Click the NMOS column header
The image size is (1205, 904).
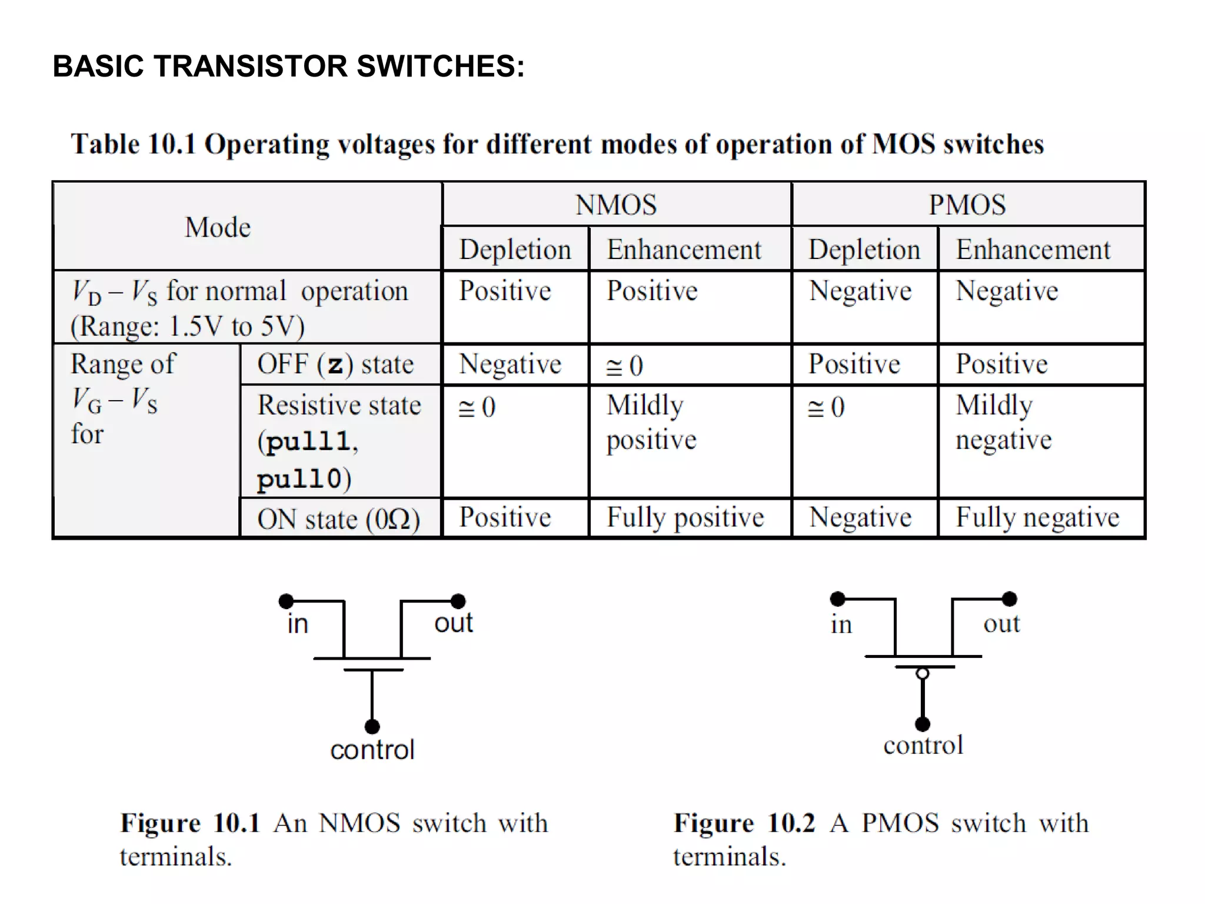pyautogui.click(x=615, y=205)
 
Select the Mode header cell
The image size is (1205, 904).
pyautogui.click(x=218, y=227)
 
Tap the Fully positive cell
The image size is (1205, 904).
pyautogui.click(x=685, y=517)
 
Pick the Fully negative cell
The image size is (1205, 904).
pyautogui.click(x=1037, y=517)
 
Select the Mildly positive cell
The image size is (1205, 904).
pyautogui.click(x=651, y=422)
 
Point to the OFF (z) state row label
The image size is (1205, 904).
pyautogui.click(x=335, y=364)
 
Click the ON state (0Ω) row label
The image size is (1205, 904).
pyautogui.click(x=338, y=519)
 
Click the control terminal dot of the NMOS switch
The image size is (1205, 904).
pyautogui.click(x=372, y=726)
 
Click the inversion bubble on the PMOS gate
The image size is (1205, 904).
pyautogui.click(x=923, y=674)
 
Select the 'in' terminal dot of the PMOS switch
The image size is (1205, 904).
pyautogui.click(x=837, y=599)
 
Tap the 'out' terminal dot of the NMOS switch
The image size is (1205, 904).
pyautogui.click(x=458, y=601)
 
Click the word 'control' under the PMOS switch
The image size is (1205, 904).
pyautogui.click(x=923, y=745)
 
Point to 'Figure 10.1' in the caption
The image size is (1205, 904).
pyautogui.click(x=189, y=823)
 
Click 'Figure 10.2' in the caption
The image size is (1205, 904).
pyautogui.click(x=744, y=823)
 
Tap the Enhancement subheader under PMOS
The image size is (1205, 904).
pyautogui.click(x=1033, y=250)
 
